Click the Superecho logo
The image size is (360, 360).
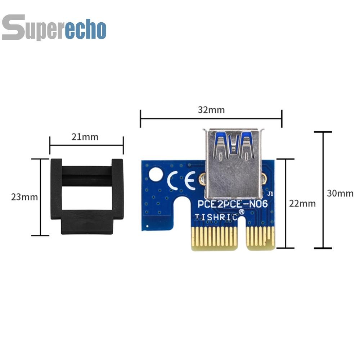click(x=54, y=27)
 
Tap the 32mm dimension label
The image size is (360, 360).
click(x=211, y=110)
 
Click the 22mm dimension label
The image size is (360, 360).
click(x=302, y=203)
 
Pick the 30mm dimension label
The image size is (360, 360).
click(x=340, y=193)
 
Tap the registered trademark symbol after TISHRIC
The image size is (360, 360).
click(x=242, y=212)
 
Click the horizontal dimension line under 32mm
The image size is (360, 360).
click(x=211, y=117)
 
